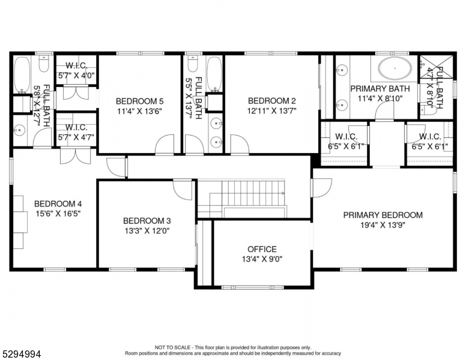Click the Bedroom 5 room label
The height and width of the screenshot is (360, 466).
(140, 101)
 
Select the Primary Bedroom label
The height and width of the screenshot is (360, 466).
(383, 215)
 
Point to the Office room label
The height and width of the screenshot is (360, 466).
(262, 249)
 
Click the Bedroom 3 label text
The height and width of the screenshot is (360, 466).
(147, 220)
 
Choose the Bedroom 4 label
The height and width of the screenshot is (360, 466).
(58, 203)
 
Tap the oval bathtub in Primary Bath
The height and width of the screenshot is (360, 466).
(395, 69)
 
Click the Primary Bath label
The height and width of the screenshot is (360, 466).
(380, 89)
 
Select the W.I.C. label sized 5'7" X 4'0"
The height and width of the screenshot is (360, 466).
(76, 67)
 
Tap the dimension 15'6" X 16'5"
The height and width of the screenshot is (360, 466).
(58, 213)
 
